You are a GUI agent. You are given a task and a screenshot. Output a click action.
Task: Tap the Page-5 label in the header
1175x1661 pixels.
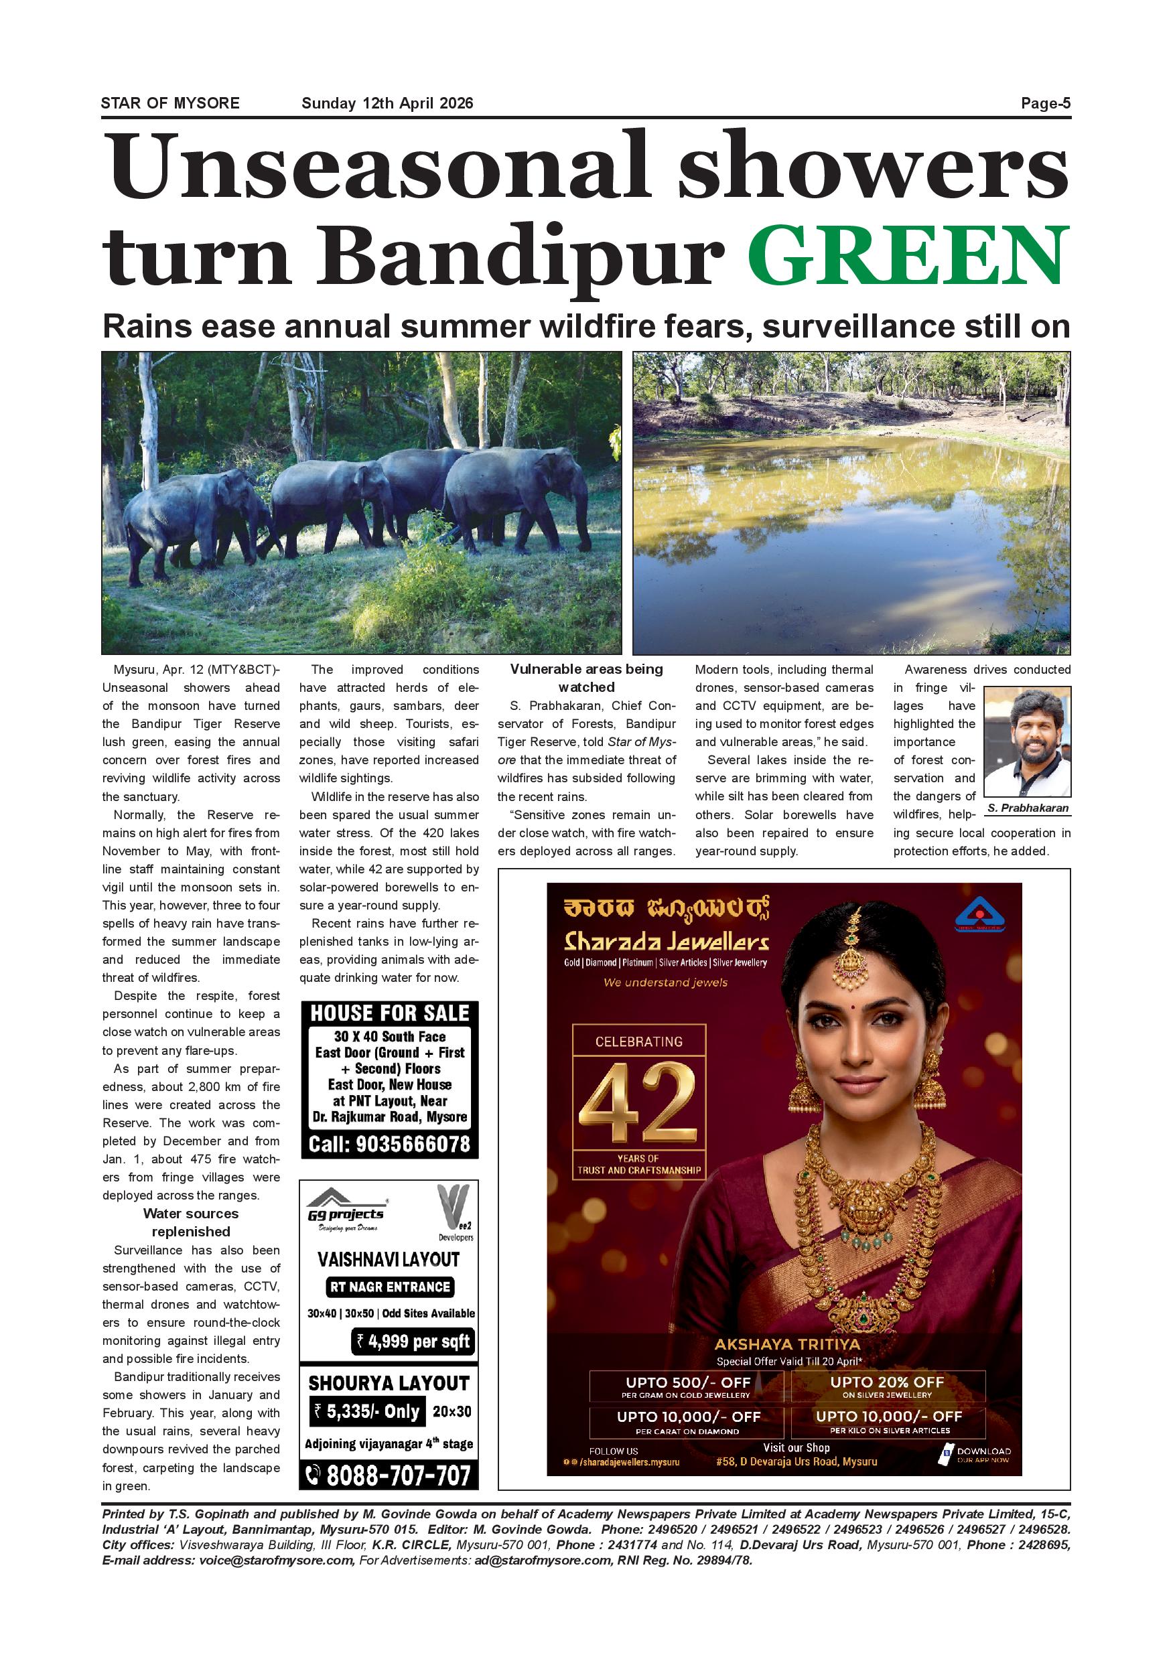point(1045,103)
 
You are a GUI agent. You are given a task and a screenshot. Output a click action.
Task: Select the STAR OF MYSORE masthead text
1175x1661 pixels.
point(170,103)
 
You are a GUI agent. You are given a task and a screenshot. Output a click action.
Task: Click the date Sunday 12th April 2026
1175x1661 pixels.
point(387,103)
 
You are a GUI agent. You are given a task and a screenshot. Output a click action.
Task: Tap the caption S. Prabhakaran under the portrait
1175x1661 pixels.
point(1028,808)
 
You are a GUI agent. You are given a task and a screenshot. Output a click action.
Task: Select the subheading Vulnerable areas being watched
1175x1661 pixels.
point(586,678)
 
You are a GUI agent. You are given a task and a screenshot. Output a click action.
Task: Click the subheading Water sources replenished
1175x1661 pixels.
point(191,1222)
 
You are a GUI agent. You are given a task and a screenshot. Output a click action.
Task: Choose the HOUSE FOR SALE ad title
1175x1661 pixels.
point(389,1013)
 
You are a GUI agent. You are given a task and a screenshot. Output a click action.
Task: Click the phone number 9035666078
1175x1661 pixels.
point(389,1145)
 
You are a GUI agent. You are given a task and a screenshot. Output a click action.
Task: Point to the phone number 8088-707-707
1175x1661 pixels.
point(389,1475)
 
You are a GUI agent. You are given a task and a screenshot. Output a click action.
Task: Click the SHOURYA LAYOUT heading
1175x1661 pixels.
point(389,1383)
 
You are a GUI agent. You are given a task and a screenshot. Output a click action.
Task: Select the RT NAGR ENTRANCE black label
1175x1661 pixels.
point(389,1287)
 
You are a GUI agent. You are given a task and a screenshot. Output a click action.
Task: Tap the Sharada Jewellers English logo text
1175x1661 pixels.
point(666,941)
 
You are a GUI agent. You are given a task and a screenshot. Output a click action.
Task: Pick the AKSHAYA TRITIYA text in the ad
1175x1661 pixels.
point(787,1344)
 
